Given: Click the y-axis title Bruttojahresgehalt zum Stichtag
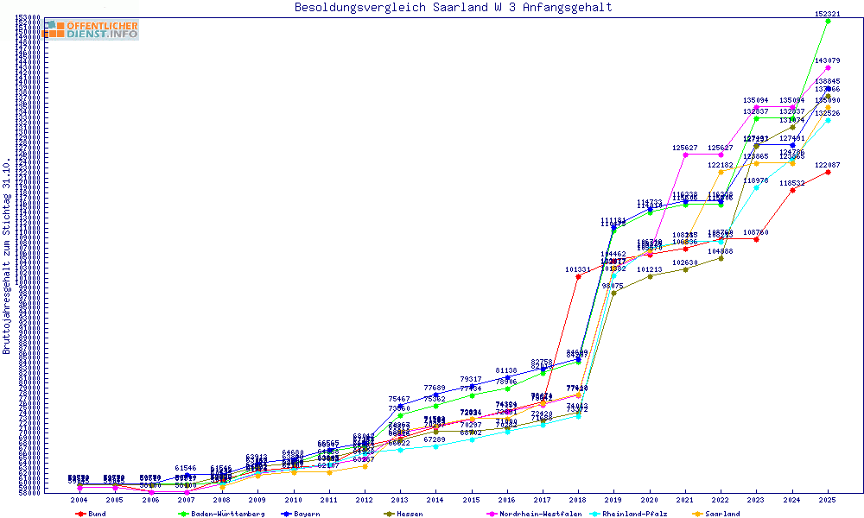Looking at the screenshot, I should click(7, 256).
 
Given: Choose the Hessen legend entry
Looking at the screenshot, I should click(410, 514).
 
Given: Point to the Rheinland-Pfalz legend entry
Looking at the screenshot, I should click(636, 514).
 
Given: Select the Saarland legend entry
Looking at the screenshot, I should click(725, 514).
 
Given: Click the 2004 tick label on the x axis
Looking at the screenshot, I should click(79, 500).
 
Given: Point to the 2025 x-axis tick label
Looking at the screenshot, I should click(828, 500).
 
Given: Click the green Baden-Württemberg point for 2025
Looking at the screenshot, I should click(828, 21).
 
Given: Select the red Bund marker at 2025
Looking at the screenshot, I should click(828, 172).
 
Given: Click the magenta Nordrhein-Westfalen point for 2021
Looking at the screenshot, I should click(685, 155).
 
